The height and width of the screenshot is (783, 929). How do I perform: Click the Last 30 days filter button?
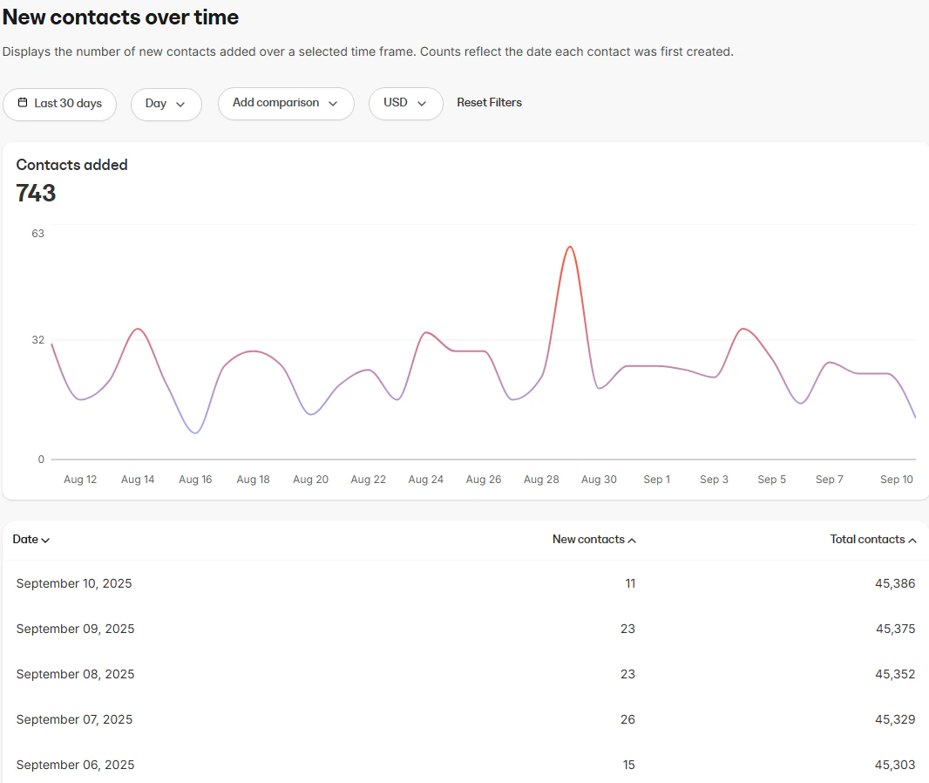tap(59, 103)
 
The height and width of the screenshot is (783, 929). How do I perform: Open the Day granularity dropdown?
tap(166, 103)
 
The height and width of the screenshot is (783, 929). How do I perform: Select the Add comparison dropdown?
tap(285, 103)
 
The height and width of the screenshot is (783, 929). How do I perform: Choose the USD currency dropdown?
tap(405, 103)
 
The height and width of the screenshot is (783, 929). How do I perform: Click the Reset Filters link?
tap(489, 103)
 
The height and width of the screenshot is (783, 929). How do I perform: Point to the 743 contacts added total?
tap(36, 194)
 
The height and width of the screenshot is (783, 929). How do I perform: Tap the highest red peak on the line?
tap(569, 247)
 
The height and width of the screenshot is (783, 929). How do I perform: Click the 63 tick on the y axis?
tap(37, 233)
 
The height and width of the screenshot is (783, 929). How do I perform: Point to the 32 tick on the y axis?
tap(37, 339)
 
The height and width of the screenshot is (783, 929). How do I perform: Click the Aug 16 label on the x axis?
tap(195, 480)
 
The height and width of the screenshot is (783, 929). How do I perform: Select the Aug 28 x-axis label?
tap(541, 480)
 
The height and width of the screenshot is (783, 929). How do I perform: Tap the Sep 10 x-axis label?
tap(896, 480)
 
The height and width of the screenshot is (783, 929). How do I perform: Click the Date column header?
tap(31, 540)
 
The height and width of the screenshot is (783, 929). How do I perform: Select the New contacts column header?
tap(593, 540)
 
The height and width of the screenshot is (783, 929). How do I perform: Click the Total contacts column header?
tap(872, 540)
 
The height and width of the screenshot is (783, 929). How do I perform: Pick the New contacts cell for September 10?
tap(629, 583)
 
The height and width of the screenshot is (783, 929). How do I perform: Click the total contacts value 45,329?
tap(895, 719)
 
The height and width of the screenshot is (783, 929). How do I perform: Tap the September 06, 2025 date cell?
tap(75, 765)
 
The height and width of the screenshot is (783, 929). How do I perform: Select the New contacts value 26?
tap(627, 719)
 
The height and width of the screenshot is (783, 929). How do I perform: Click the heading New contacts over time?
tap(120, 17)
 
